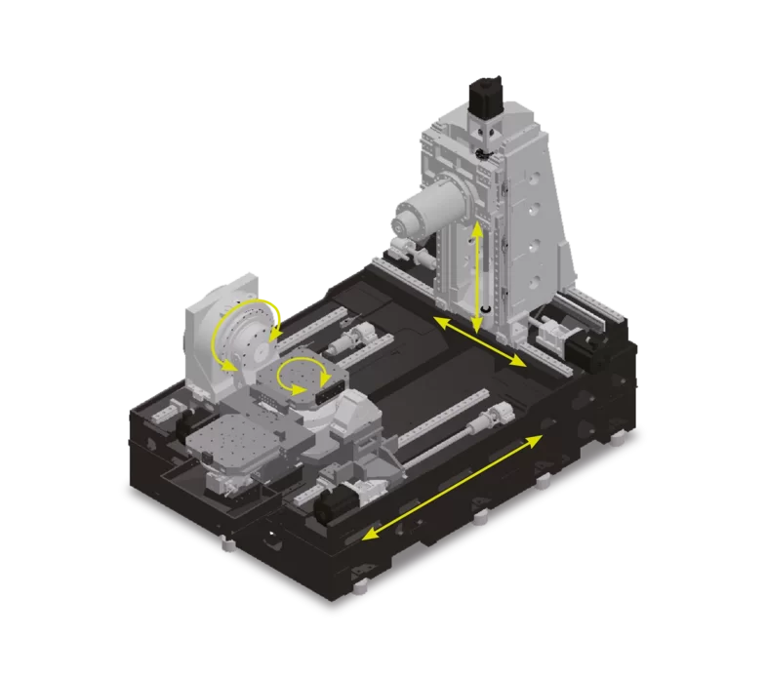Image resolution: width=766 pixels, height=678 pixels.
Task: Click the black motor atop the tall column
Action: (485, 97)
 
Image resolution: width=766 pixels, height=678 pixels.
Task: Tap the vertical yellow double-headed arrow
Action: (477, 277)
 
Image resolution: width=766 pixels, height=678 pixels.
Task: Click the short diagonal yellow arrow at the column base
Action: (479, 342)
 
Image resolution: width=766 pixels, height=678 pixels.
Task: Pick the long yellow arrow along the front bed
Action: (452, 486)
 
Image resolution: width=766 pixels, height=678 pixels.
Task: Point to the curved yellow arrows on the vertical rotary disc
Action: (244, 337)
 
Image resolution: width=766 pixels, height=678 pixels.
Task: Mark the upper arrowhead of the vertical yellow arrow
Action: (476, 228)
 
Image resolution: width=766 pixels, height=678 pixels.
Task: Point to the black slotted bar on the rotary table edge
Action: (331, 389)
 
